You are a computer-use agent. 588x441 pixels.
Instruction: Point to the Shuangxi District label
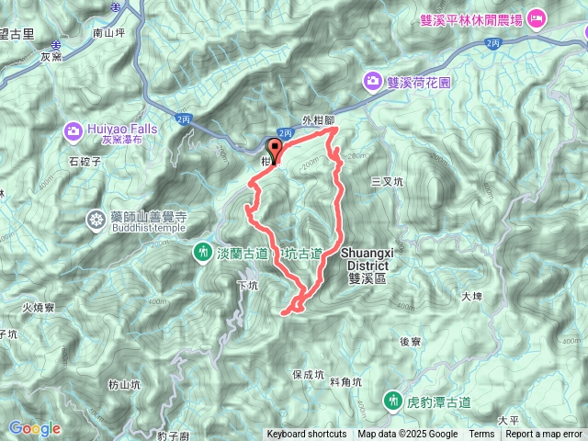pyautogui.click(x=367, y=256)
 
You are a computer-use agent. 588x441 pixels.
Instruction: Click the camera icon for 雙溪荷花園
pyautogui.click(x=373, y=81)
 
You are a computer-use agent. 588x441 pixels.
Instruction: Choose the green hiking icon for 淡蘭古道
pyautogui.click(x=202, y=251)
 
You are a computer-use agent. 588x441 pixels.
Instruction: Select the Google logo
pyautogui.click(x=34, y=428)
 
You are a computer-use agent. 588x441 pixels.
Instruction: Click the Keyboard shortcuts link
pyautogui.click(x=307, y=435)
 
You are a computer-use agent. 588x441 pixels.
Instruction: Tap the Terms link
pyautogui.click(x=481, y=435)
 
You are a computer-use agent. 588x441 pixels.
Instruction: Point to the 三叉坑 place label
pyautogui.click(x=387, y=182)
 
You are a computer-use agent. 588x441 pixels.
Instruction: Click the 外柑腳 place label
pyautogui.click(x=321, y=120)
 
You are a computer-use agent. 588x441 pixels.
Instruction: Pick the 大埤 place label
pyautogui.click(x=471, y=297)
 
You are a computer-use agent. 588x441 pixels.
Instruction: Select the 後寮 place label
pyautogui.click(x=411, y=341)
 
